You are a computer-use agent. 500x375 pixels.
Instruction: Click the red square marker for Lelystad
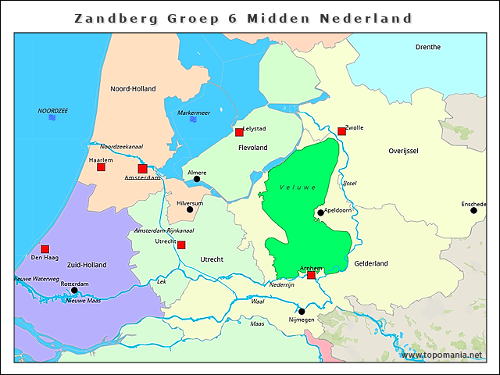tap(239, 133)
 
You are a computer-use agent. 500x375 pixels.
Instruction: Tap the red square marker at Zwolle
tap(341, 131)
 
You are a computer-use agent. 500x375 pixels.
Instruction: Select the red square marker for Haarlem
tap(101, 167)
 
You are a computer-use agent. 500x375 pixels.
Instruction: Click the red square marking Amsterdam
tap(142, 169)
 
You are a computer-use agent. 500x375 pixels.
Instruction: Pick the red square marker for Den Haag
tap(45, 248)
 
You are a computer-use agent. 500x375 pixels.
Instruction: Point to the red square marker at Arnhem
tap(311, 275)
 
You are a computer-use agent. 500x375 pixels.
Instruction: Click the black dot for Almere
tap(197, 179)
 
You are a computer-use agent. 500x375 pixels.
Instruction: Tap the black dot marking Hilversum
tap(190, 209)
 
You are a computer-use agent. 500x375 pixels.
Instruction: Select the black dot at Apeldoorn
tap(320, 212)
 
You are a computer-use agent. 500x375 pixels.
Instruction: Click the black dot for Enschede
tap(473, 210)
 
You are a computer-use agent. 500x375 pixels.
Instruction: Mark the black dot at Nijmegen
tap(302, 311)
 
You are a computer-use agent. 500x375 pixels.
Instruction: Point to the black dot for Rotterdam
tap(74, 290)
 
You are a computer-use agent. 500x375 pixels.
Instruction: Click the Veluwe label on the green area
tap(298, 187)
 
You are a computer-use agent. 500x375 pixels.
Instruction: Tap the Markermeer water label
tap(194, 112)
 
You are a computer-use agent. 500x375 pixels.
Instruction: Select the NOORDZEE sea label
tap(52, 111)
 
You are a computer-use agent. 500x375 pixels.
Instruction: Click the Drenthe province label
tap(428, 47)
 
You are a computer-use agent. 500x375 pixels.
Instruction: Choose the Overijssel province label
tap(404, 150)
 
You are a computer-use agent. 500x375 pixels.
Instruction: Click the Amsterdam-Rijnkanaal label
tap(164, 230)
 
